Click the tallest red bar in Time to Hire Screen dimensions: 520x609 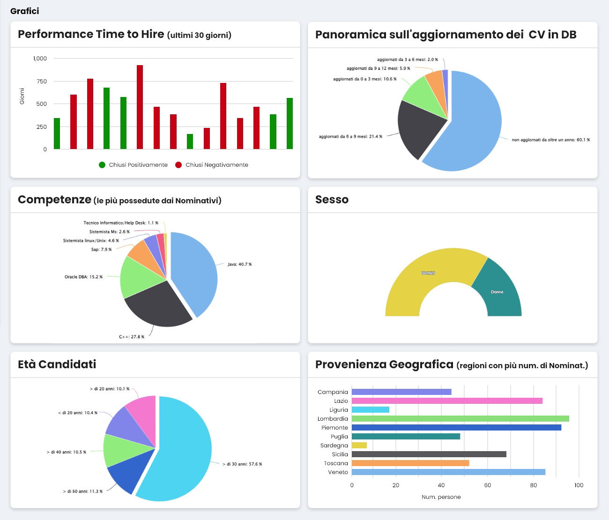tap(140, 107)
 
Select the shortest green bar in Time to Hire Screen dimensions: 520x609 tap(190, 141)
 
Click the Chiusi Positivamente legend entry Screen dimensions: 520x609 tap(133, 165)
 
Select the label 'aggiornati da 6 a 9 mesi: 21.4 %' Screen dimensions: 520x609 tap(350, 137)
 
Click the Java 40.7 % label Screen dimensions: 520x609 tap(239, 265)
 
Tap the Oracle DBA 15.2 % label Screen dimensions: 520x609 tap(83, 277)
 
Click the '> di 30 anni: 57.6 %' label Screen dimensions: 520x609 tap(242, 464)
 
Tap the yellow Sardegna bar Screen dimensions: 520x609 tap(359, 446)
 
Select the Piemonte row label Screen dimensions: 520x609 tap(334, 428)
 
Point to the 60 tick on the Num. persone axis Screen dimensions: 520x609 tap(487, 485)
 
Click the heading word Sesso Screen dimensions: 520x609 tap(332, 200)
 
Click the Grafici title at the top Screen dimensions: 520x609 tap(24, 11)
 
